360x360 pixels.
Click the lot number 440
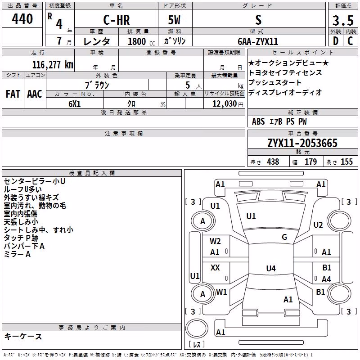click(x=22, y=19)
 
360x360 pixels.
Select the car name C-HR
click(x=117, y=20)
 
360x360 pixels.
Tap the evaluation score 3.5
click(x=343, y=21)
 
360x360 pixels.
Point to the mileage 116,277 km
click(x=53, y=65)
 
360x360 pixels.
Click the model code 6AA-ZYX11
click(x=258, y=41)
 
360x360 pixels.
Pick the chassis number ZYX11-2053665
click(x=302, y=143)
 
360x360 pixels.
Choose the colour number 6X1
click(x=75, y=104)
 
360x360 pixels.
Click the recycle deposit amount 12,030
click(x=224, y=103)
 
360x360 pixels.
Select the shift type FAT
click(x=13, y=94)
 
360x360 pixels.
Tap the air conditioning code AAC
click(x=35, y=94)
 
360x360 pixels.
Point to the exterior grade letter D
click(x=336, y=41)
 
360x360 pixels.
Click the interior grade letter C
click(x=350, y=41)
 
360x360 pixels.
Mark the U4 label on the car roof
click(x=271, y=268)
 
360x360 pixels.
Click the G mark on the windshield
click(x=284, y=237)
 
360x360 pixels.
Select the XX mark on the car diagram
click(x=215, y=267)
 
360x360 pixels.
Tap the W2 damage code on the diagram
click(x=215, y=241)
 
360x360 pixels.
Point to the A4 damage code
click(x=326, y=279)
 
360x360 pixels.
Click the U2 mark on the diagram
click(x=318, y=225)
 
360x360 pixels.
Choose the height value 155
click(x=346, y=162)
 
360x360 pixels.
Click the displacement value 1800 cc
click(x=141, y=41)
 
